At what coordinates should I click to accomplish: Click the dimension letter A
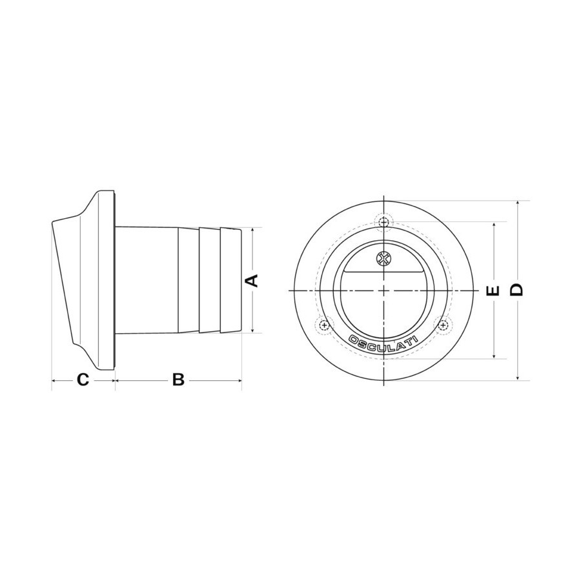[252, 281]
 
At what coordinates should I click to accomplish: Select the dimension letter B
[178, 380]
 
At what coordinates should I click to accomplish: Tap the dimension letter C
[83, 380]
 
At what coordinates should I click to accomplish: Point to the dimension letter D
[516, 290]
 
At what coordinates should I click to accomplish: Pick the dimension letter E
[493, 291]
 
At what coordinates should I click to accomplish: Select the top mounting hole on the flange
[384, 222]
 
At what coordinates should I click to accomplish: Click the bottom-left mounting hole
[325, 326]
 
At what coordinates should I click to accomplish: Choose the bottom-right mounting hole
[443, 325]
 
